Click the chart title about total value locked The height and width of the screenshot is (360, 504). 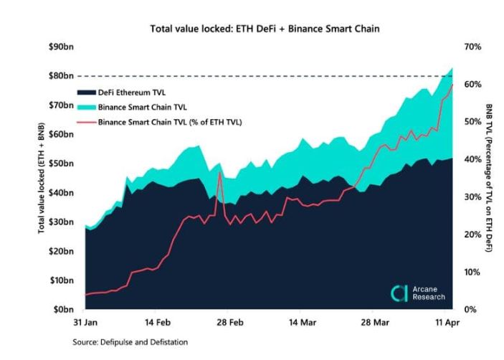tap(264, 29)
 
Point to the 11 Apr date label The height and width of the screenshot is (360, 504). tap(448, 323)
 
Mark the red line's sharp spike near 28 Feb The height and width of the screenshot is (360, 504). tap(219, 172)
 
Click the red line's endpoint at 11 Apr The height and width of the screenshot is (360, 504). tap(452, 85)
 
